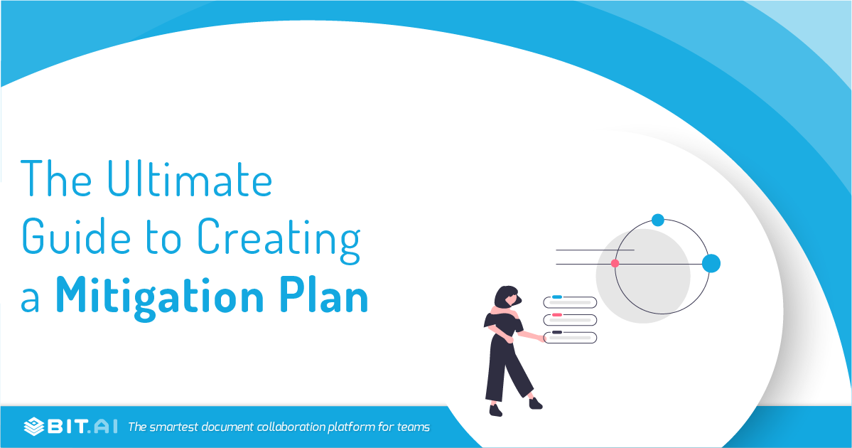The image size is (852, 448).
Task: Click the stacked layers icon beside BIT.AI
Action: tap(33, 427)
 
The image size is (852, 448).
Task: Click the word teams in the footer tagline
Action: tap(412, 427)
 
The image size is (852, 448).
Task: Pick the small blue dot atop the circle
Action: tap(658, 220)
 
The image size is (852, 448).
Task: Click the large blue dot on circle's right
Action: tap(711, 263)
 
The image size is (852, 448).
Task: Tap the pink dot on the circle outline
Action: tap(615, 263)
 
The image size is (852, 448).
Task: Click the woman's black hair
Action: tap(506, 294)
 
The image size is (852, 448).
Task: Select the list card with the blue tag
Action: tap(570, 302)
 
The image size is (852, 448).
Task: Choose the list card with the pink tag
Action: tap(570, 320)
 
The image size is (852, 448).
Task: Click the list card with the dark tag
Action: tap(570, 337)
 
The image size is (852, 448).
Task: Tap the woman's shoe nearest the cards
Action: tap(536, 403)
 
